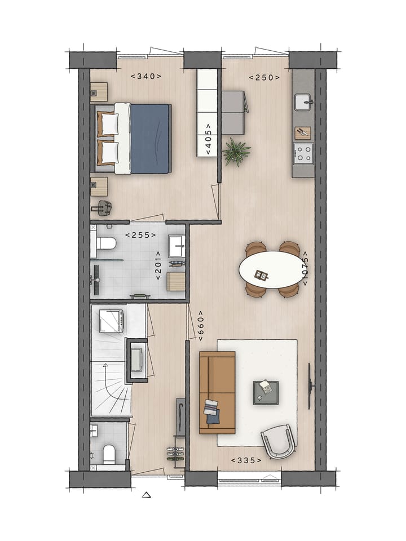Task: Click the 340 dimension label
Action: [146, 76]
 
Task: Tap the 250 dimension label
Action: [264, 77]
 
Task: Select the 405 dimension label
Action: [208, 139]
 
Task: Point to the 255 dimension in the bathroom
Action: [140, 235]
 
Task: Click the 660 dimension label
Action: [200, 326]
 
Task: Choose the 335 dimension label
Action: [246, 460]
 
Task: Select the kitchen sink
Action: [304, 102]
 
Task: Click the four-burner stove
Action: [303, 152]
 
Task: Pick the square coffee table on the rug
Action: [266, 392]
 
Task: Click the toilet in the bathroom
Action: [105, 243]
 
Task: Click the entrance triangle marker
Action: [147, 495]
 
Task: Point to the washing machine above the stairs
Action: [111, 321]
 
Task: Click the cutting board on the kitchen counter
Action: [303, 132]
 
